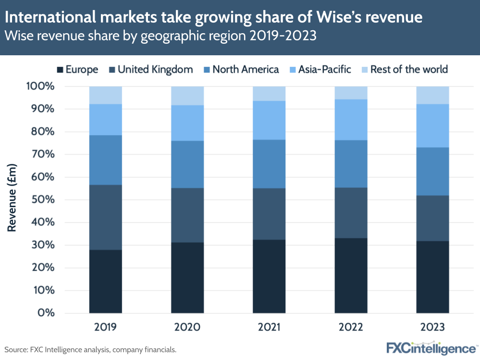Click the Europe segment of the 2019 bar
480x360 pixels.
pos(105,281)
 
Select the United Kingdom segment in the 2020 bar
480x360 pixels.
pos(187,215)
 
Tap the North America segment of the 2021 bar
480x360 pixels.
pos(269,163)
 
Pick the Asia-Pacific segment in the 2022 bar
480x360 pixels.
pos(351,120)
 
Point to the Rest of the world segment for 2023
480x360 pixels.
pos(432,95)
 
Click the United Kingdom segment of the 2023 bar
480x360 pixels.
pos(432,218)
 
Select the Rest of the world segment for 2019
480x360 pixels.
pos(105,95)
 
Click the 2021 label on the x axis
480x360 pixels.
pos(269,327)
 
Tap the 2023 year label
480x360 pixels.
pos(432,327)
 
